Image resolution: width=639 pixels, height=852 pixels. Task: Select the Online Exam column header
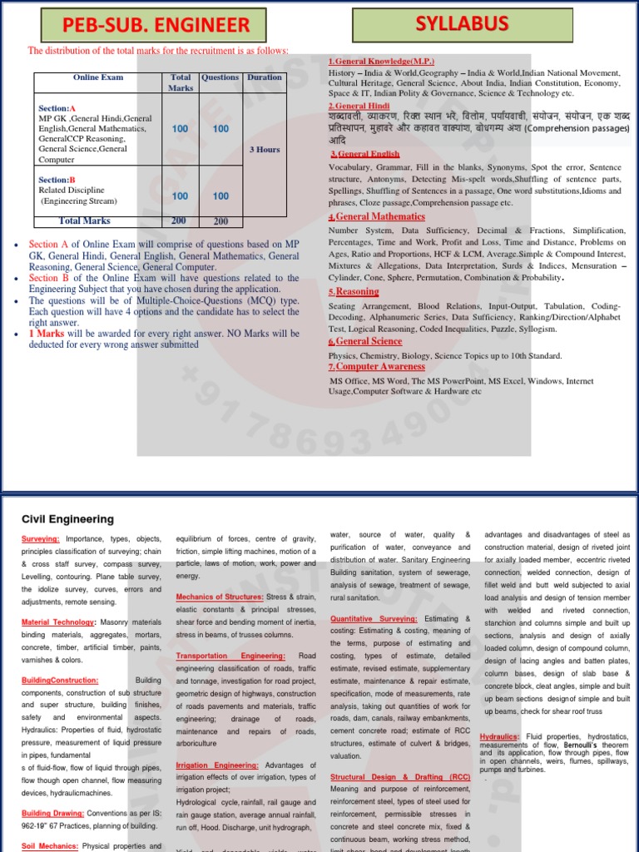(97, 77)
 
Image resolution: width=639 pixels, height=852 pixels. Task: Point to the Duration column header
(264, 77)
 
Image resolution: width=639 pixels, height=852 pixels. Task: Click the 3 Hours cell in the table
(265, 150)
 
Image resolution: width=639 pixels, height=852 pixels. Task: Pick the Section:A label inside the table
(57, 108)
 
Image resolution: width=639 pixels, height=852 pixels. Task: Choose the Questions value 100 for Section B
(220, 196)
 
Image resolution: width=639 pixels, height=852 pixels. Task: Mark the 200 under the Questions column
(220, 221)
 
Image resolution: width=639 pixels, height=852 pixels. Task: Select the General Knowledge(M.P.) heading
(381, 62)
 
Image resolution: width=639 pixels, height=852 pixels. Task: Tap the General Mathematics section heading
(379, 216)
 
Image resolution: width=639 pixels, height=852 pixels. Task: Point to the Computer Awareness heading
(379, 366)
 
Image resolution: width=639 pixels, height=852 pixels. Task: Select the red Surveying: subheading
(41, 539)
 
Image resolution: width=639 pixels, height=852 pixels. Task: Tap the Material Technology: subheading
(57, 622)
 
